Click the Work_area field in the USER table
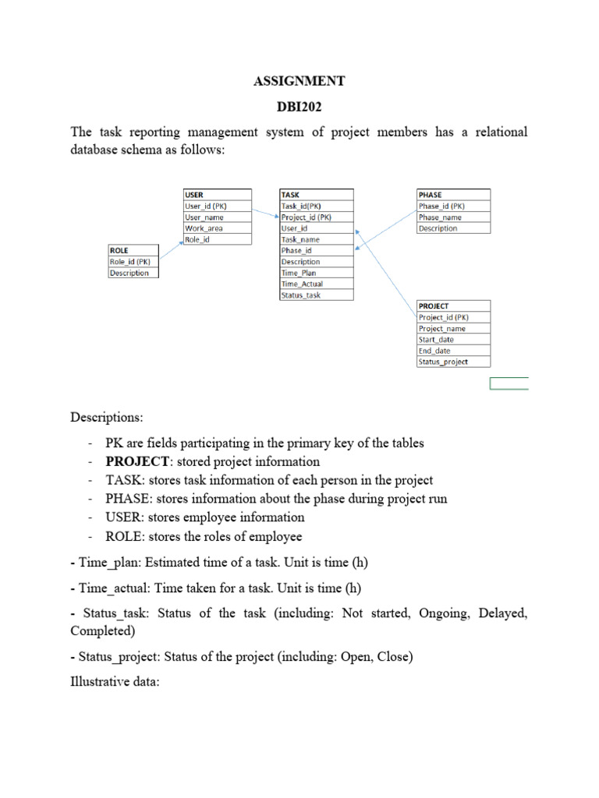pyautogui.click(x=204, y=228)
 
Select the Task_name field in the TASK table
pyautogui.click(x=300, y=240)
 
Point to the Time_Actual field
pyautogui.click(x=302, y=284)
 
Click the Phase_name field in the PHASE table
pyautogui.click(x=441, y=217)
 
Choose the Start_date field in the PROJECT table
pyautogui.click(x=437, y=340)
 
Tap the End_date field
pyautogui.click(x=435, y=351)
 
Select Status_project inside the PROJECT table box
pyautogui.click(x=443, y=362)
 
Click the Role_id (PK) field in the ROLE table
pyautogui.click(x=130, y=262)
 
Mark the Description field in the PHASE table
pyautogui.click(x=438, y=228)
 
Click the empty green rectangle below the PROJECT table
pyautogui.click(x=509, y=383)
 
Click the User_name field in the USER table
pyautogui.click(x=204, y=217)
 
